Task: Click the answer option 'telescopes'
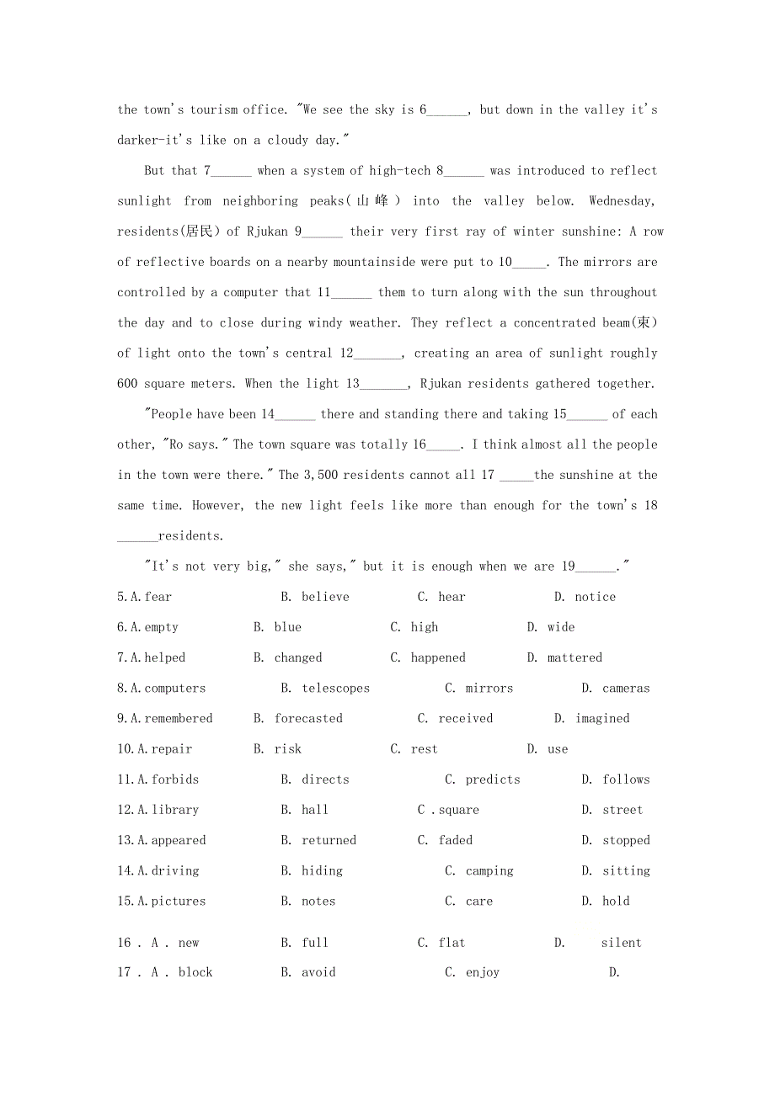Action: point(335,689)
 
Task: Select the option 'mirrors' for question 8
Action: point(489,689)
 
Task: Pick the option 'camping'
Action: point(489,871)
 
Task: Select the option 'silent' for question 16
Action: point(621,944)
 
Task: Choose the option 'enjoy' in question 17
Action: point(483,973)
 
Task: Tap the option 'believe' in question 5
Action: point(325,598)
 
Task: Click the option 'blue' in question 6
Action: point(287,628)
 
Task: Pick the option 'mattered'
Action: point(575,658)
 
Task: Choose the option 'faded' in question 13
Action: point(456,841)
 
